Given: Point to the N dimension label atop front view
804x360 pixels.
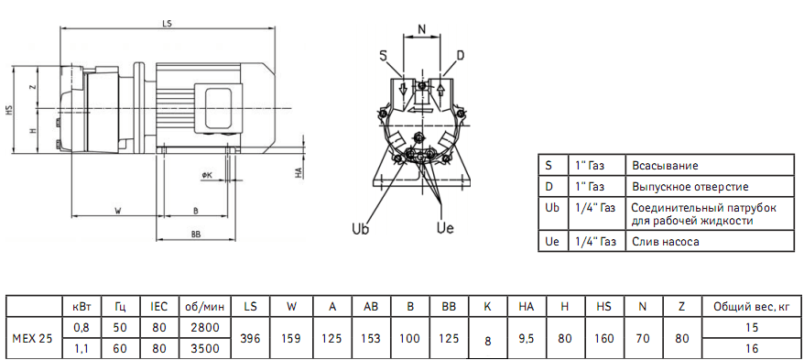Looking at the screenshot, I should point(421,29).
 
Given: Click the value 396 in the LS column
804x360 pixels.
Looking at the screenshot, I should point(250,339).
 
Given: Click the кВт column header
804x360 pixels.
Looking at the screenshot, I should point(81,307).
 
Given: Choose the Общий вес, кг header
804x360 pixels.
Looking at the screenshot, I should point(749,307).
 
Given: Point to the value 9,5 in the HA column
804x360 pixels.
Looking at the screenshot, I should point(526,339).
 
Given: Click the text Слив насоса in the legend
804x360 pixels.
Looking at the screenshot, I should point(665,243).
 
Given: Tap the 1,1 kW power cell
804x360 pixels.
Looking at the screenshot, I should point(81,349).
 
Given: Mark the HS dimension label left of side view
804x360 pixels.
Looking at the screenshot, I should point(8,110).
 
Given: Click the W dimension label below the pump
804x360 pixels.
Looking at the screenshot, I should point(118,211).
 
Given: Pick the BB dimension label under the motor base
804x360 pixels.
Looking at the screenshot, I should point(195,235).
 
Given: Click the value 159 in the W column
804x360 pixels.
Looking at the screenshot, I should point(291,339).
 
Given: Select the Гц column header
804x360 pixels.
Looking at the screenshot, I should point(120,307).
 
